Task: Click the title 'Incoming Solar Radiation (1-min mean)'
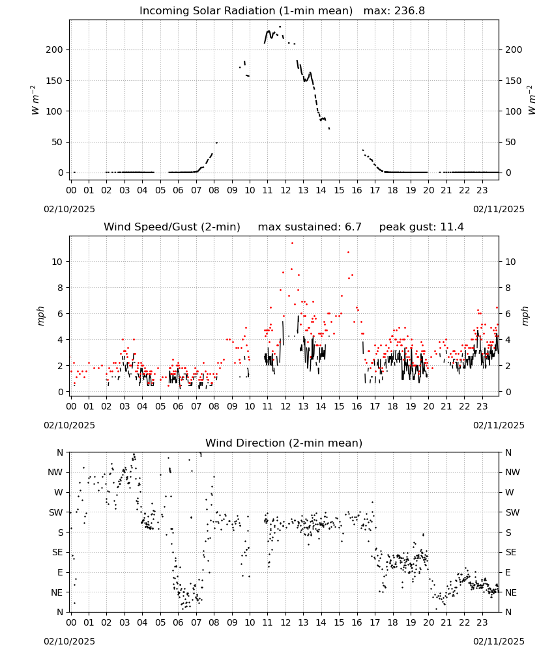coord(246,11)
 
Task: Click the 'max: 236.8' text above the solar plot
coord(394,11)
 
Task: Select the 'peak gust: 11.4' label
coord(422,227)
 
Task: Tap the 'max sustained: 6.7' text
coord(310,227)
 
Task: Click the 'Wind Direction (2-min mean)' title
coord(284,443)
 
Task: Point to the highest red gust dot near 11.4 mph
coord(292,243)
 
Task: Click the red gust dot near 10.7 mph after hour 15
coord(348,252)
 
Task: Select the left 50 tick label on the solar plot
coord(57,142)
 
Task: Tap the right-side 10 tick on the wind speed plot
coord(510,262)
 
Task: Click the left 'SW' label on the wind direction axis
coord(56,512)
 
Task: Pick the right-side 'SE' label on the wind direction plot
coord(511,552)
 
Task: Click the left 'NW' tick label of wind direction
coord(55,472)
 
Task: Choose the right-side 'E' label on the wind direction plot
coord(508,572)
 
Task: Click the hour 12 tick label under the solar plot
coord(285,190)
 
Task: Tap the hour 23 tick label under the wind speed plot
coord(482,406)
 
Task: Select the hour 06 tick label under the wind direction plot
coord(179,622)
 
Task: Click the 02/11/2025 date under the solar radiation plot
coord(499,209)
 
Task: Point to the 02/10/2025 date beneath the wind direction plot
coord(69,641)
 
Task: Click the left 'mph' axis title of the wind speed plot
coord(40,316)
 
